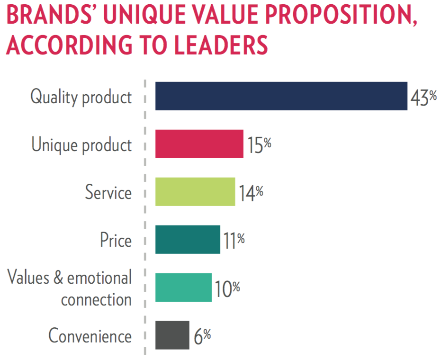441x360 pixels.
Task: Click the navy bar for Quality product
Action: pos(281,96)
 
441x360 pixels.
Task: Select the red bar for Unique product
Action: pos(199,144)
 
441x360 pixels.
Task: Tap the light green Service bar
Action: pos(195,192)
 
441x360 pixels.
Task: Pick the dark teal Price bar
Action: pos(188,240)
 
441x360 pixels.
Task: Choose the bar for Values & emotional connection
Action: pos(183,288)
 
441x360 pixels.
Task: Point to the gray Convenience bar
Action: pos(172,335)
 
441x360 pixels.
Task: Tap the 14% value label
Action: pos(251,194)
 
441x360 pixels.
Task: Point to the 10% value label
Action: pos(227,289)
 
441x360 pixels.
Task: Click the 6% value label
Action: pos(202,337)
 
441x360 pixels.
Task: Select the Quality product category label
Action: pos(81,97)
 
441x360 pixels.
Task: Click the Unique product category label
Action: pos(81,145)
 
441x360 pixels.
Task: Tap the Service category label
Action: pos(108,192)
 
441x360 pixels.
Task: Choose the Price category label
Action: pos(115,240)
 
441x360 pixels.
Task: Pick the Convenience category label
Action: pos(90,336)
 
